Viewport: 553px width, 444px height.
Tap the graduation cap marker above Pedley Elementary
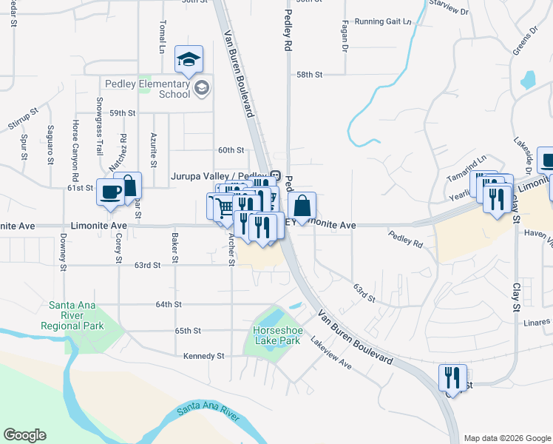point(189,60)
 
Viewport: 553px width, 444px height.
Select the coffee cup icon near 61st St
point(112,192)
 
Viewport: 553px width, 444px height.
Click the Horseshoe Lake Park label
point(276,335)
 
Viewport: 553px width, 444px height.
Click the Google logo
point(24,435)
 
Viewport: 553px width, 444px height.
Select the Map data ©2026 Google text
point(506,438)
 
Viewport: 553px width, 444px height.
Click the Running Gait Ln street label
point(382,21)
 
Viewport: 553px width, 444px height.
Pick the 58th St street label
point(310,75)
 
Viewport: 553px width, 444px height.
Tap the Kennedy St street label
point(204,356)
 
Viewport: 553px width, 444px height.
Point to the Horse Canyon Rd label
point(75,151)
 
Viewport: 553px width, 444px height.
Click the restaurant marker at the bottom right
point(452,377)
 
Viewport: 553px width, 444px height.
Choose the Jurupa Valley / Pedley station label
point(219,176)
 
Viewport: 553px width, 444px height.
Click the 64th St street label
point(169,304)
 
